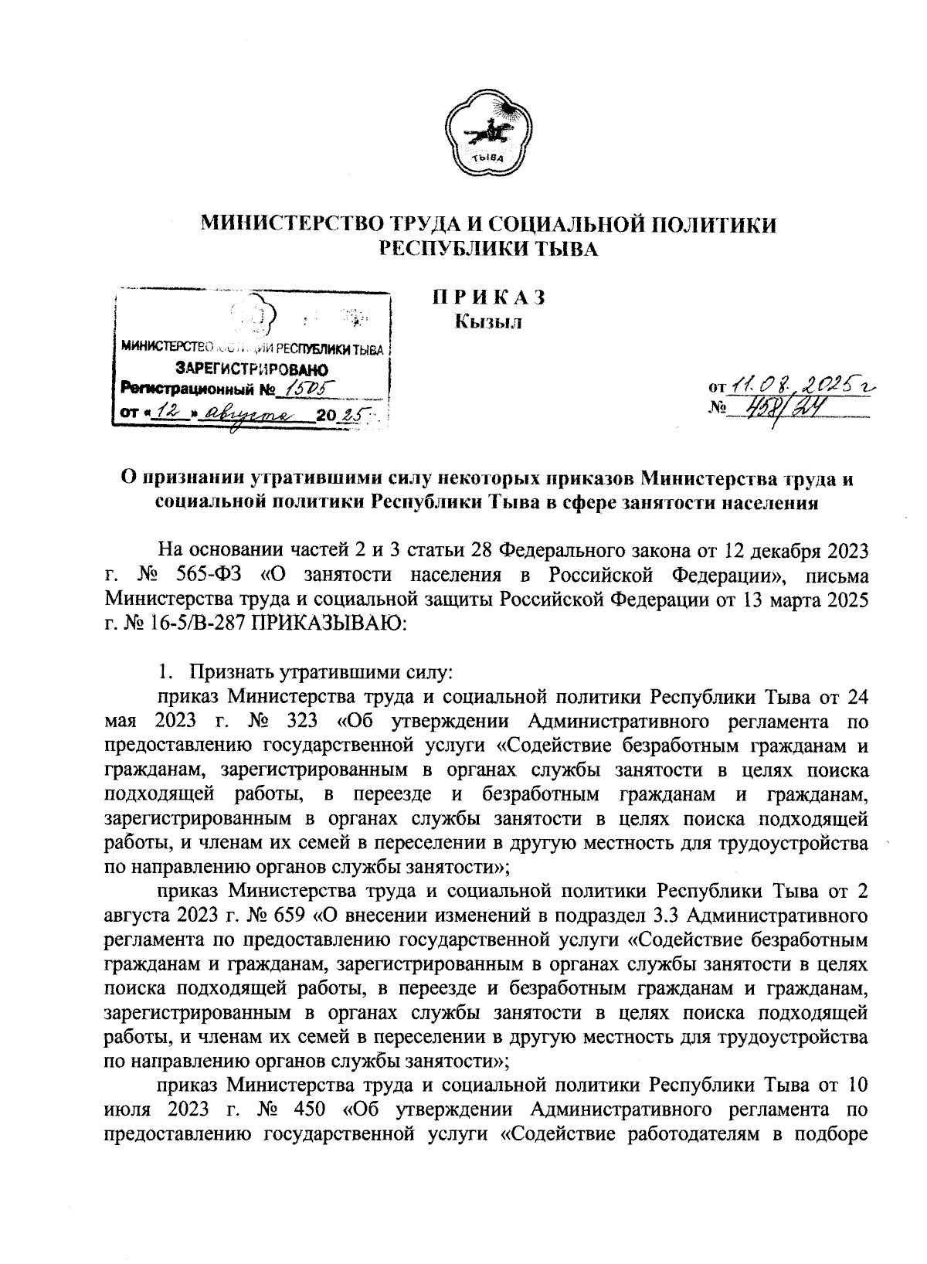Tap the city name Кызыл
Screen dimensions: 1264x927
pyautogui.click(x=487, y=322)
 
